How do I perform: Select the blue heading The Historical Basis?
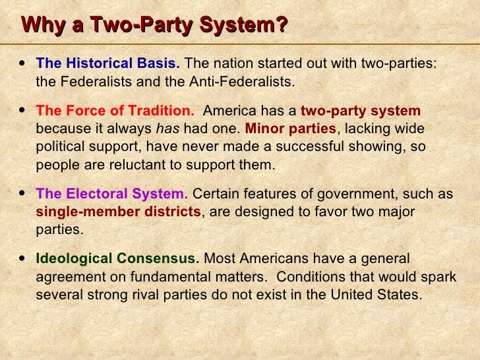click(x=108, y=65)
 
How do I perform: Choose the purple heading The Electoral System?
click(x=112, y=194)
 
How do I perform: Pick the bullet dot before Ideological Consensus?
click(x=24, y=258)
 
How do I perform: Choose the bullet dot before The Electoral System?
click(x=24, y=195)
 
